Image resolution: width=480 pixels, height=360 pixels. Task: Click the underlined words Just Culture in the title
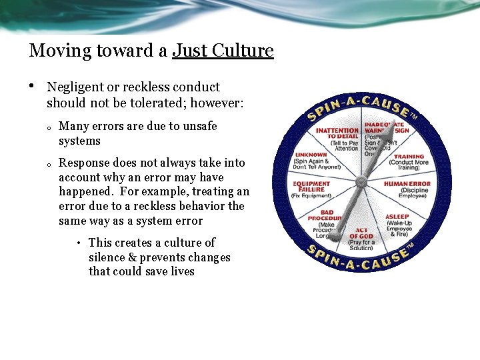(x=223, y=51)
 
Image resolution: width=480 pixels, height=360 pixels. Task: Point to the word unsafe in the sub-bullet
(x=197, y=126)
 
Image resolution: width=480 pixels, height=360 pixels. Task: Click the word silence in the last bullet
(x=107, y=257)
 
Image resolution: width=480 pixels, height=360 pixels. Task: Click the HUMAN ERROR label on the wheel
(x=407, y=183)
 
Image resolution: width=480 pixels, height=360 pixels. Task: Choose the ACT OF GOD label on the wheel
(x=361, y=233)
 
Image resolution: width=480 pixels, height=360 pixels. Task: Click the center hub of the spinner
(x=362, y=181)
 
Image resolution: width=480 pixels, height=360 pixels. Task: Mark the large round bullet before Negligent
(x=32, y=87)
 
